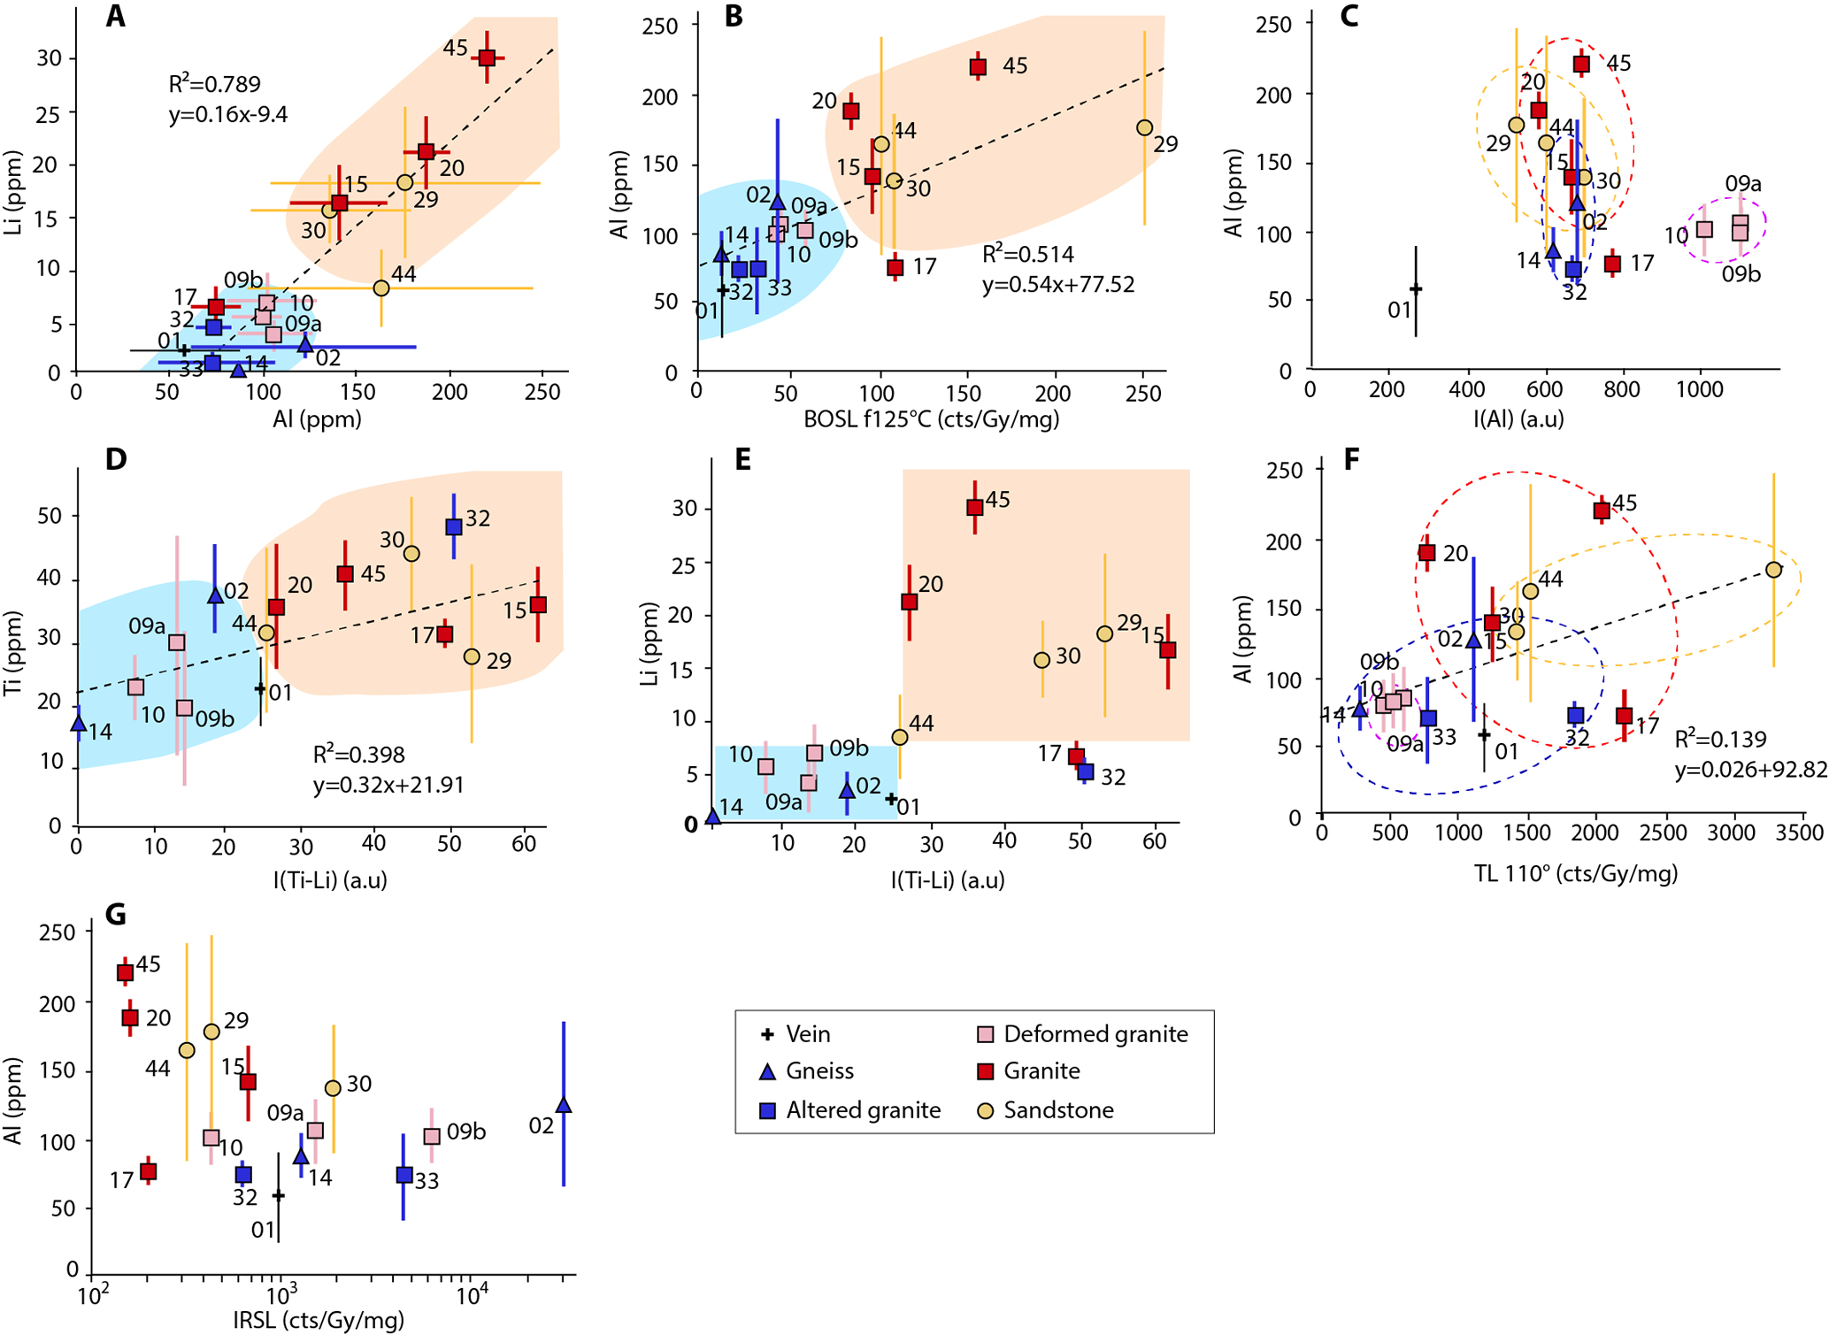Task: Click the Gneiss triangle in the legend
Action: point(768,1071)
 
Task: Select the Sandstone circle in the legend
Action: point(985,1110)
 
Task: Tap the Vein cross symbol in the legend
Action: point(768,1034)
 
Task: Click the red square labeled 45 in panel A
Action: point(487,58)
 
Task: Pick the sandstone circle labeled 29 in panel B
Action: point(1144,128)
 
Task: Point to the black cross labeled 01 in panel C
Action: point(1416,289)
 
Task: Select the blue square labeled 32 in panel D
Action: point(454,526)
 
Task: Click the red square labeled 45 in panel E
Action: point(974,508)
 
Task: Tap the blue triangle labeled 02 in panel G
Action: point(563,1105)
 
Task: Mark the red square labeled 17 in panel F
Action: point(1624,716)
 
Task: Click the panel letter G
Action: point(115,914)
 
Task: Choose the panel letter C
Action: point(1349,16)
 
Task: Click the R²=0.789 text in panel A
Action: point(214,85)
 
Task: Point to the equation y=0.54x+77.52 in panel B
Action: point(1057,285)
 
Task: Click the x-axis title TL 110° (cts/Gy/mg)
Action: point(1575,874)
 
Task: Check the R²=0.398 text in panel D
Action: point(358,755)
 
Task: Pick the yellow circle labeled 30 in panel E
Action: point(1041,660)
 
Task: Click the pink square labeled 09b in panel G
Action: point(432,1137)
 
